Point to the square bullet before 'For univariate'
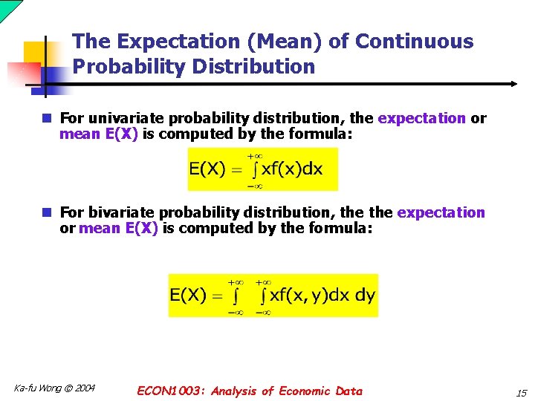47,118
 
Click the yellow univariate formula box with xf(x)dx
262,169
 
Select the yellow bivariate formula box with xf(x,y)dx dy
273,296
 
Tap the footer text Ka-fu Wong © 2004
54,388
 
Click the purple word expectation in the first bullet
422,118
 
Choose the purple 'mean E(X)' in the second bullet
118,229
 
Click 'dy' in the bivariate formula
365,295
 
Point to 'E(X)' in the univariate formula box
207,169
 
